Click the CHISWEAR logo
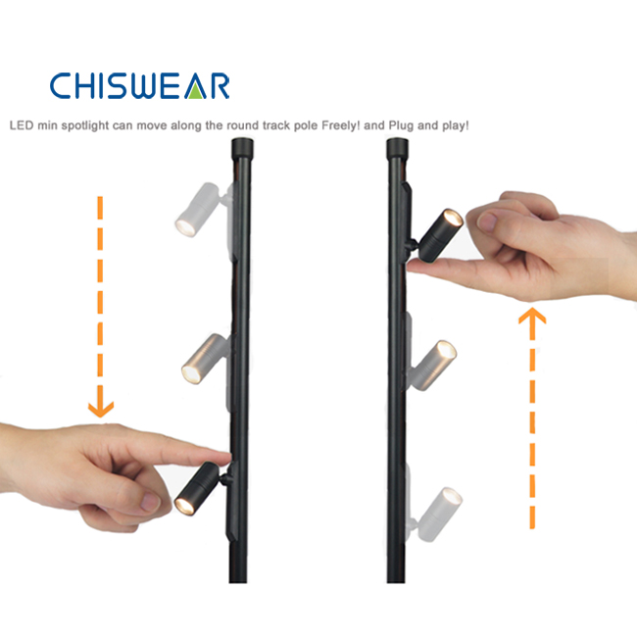click(140, 85)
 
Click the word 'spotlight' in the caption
click(85, 125)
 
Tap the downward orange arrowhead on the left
click(101, 409)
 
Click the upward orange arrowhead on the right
click(532, 316)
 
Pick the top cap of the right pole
click(398, 148)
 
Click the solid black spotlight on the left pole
click(201, 488)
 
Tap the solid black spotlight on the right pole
click(437, 236)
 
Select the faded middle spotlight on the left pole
click(205, 359)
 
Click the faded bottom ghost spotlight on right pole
click(436, 514)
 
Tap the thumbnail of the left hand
click(150, 503)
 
